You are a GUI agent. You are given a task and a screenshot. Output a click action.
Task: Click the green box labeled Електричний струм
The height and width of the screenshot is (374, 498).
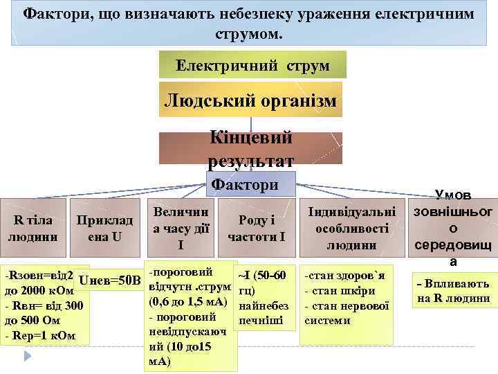[x=252, y=66]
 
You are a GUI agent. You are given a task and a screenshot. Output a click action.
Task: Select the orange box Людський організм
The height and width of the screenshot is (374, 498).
[x=251, y=101]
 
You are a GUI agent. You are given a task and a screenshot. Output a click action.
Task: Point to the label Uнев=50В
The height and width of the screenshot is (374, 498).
[x=110, y=280]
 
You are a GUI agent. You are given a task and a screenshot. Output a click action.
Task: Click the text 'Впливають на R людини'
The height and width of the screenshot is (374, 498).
[x=453, y=292]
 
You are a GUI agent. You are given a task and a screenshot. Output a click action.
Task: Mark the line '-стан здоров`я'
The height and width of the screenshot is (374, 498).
[x=342, y=276]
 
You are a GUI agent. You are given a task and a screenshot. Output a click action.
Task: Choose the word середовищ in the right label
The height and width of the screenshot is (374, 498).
[x=453, y=245]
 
